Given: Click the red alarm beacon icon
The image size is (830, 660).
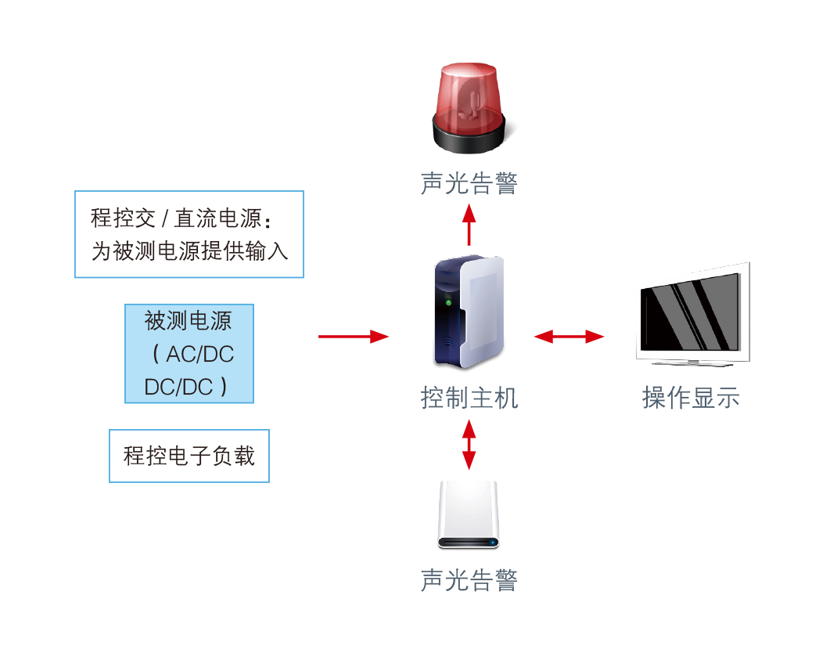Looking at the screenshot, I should (469, 106).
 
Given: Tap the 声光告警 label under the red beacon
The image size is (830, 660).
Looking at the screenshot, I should (469, 183).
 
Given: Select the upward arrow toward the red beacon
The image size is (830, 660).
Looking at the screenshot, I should (469, 224).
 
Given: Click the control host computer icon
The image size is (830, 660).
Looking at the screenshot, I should (469, 312).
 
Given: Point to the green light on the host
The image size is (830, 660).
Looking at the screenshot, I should (448, 301).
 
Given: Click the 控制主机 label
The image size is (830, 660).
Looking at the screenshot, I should (469, 398).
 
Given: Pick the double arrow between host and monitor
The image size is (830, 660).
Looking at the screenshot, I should (569, 337).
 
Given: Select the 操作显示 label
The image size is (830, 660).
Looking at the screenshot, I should (691, 398).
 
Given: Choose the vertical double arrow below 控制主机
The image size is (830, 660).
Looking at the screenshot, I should (469, 444).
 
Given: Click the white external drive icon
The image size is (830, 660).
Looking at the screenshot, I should (468, 514).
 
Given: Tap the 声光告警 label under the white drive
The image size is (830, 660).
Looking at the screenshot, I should (469, 580).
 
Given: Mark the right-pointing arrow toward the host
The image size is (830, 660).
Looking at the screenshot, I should (354, 337).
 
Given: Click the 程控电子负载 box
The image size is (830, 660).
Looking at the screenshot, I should (189, 456).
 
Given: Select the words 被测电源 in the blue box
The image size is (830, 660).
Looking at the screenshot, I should (189, 320).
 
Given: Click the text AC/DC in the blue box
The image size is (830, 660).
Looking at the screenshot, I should (199, 354).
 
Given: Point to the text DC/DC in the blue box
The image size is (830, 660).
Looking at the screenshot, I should (179, 387).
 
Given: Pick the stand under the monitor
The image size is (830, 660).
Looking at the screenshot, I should (692, 362).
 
